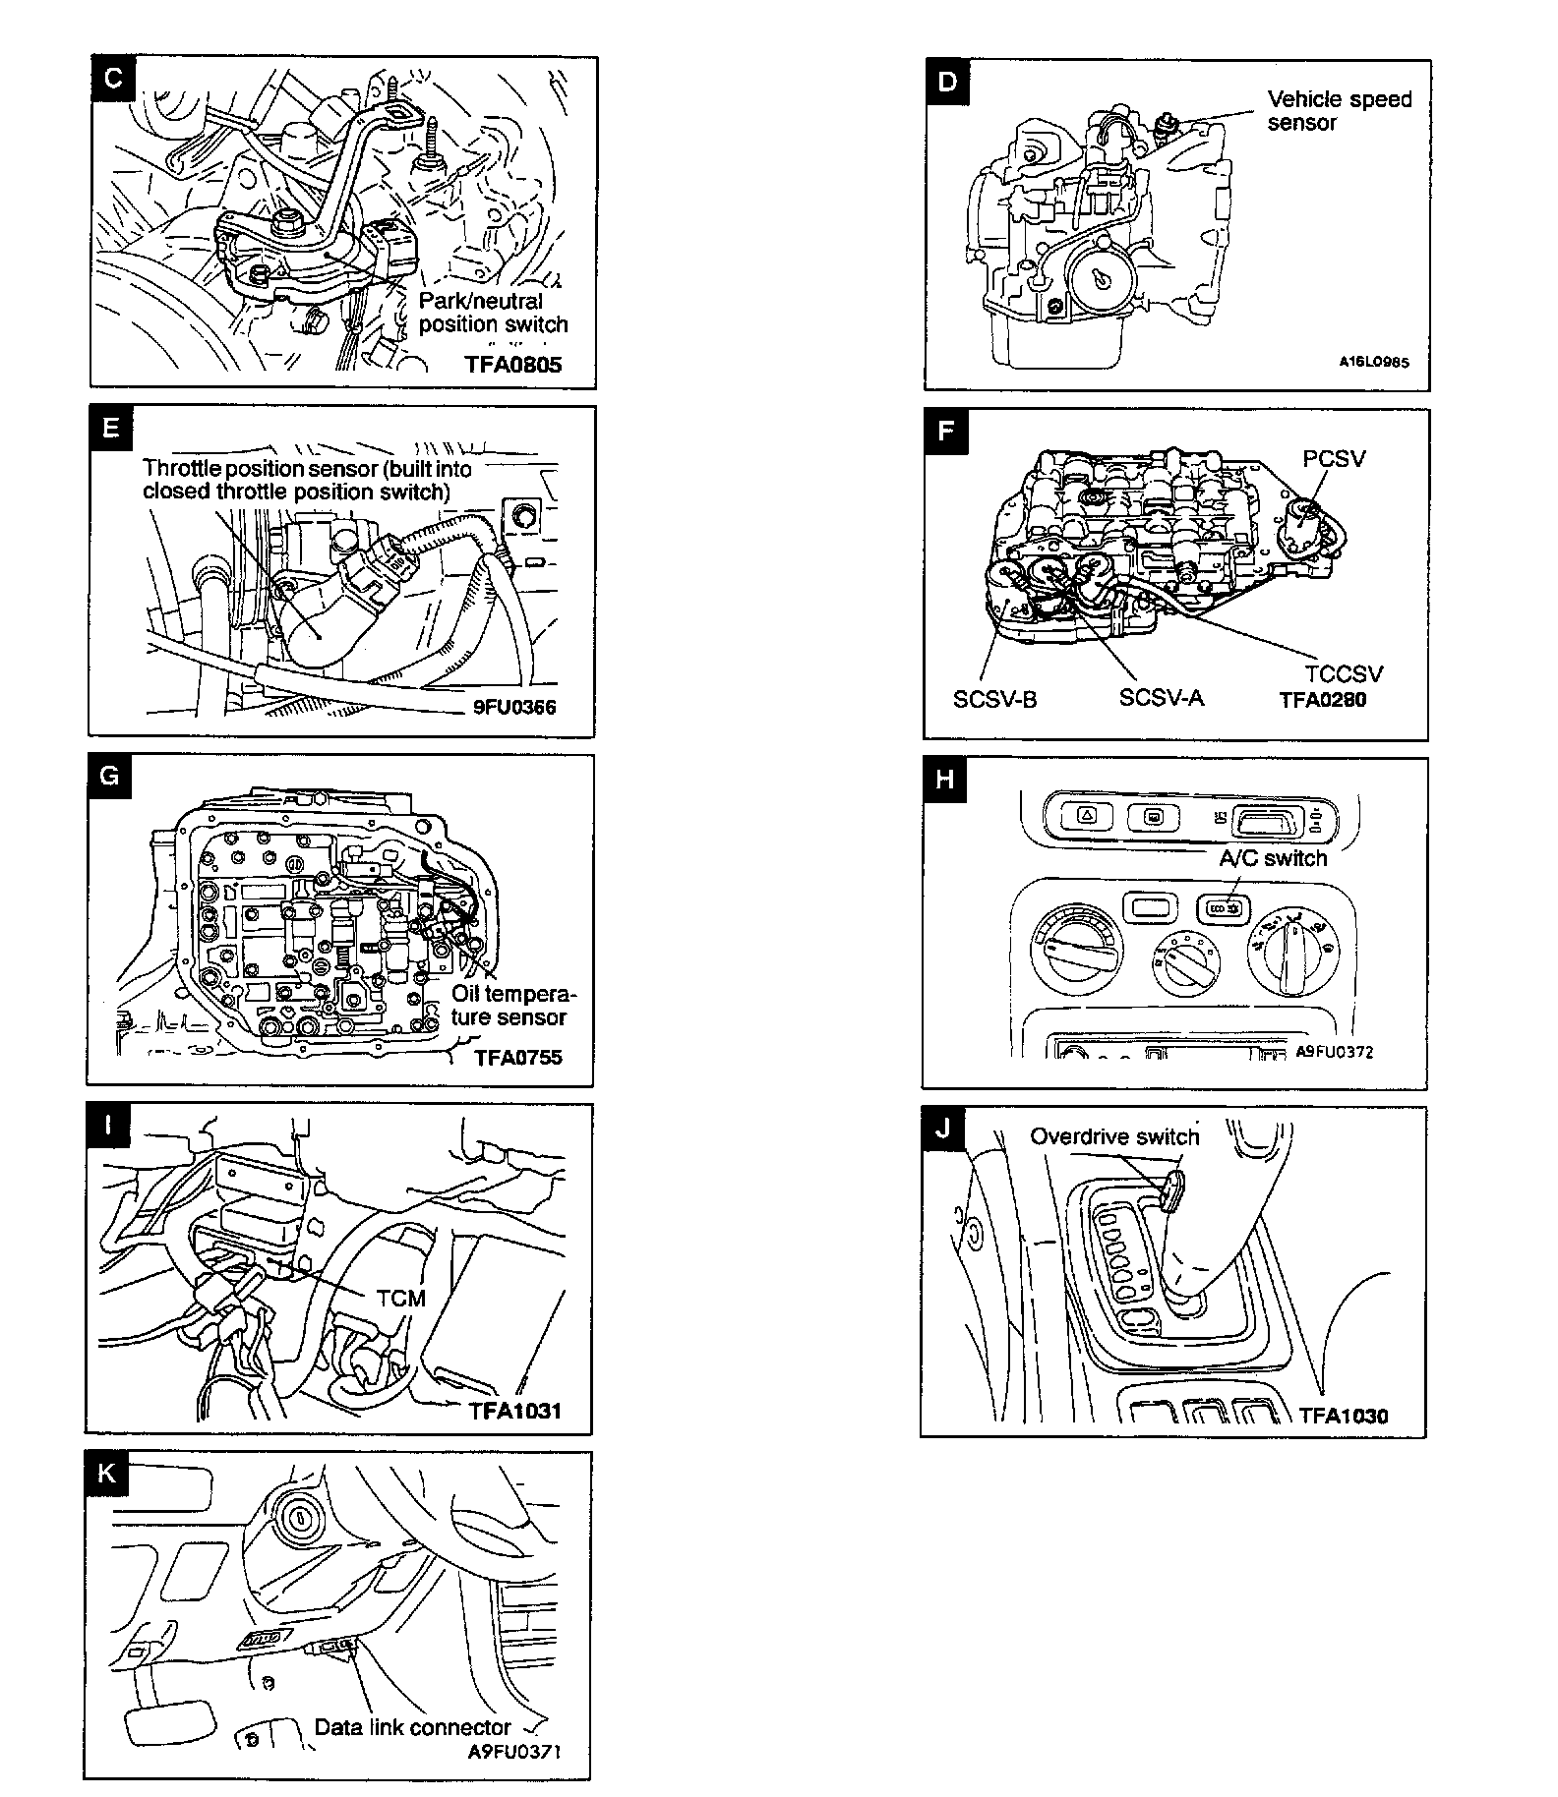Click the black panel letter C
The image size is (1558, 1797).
pyautogui.click(x=113, y=78)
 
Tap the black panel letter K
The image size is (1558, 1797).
pyautogui.click(x=107, y=1473)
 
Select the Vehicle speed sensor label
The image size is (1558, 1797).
pyautogui.click(x=1339, y=111)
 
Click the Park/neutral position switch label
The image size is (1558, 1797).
pyautogui.click(x=493, y=313)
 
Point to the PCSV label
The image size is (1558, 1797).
pyautogui.click(x=1334, y=459)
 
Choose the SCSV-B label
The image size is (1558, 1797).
pyautogui.click(x=994, y=700)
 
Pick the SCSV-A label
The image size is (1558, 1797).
pyautogui.click(x=1161, y=697)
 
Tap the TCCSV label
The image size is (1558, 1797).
pyautogui.click(x=1343, y=673)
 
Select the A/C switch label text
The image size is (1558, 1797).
pyautogui.click(x=1273, y=858)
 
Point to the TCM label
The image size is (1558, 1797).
pyautogui.click(x=401, y=1298)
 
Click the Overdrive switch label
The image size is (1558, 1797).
pyautogui.click(x=1114, y=1137)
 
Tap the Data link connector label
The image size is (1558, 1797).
pyautogui.click(x=412, y=1727)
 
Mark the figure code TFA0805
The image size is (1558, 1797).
pyautogui.click(x=512, y=365)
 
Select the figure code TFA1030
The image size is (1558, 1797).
pyautogui.click(x=1343, y=1416)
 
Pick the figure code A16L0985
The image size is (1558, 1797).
pyautogui.click(x=1373, y=362)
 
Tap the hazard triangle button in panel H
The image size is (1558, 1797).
pyautogui.click(x=1085, y=815)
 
